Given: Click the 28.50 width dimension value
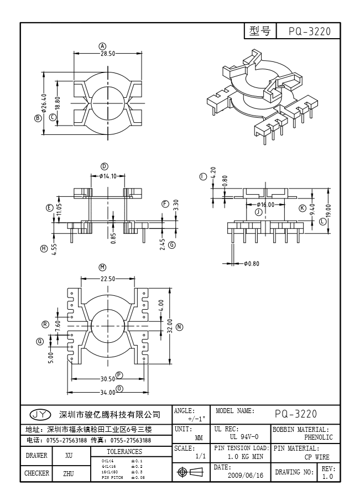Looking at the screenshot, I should (x=107, y=54).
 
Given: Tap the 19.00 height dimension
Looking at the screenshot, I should (x=328, y=211).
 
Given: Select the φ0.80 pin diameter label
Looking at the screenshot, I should (x=251, y=263).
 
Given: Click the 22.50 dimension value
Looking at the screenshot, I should (x=108, y=279).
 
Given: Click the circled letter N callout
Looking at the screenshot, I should (x=179, y=327).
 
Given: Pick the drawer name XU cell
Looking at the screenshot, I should (x=69, y=456).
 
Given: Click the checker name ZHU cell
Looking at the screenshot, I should (x=69, y=473).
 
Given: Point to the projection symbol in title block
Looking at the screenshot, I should (x=189, y=472).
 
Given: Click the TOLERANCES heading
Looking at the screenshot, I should (x=124, y=452).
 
